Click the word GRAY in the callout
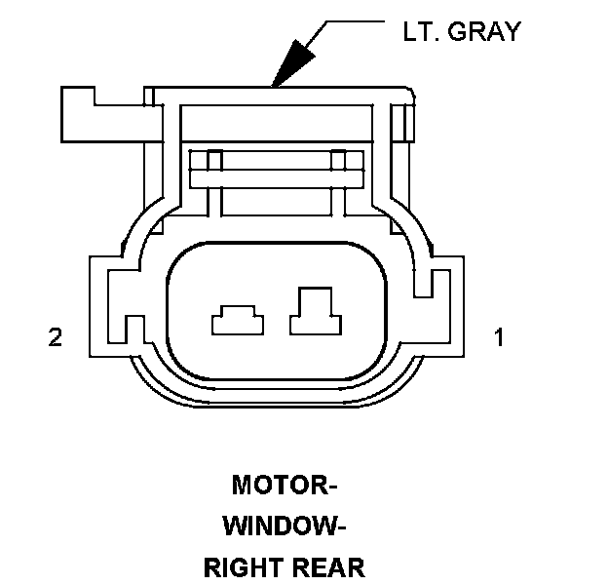click(x=483, y=31)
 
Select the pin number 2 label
click(x=56, y=337)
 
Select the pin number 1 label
click(x=499, y=337)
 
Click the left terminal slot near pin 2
click(x=237, y=320)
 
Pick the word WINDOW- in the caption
click(x=284, y=526)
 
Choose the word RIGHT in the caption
click(x=242, y=567)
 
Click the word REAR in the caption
click(x=326, y=567)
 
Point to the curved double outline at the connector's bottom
click(x=278, y=400)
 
